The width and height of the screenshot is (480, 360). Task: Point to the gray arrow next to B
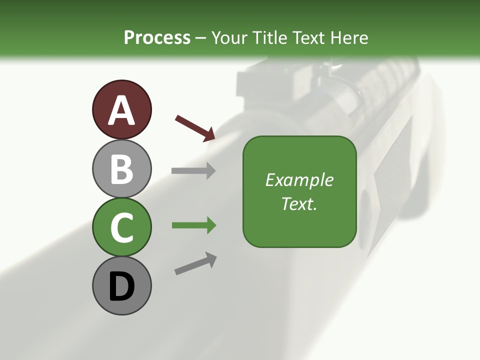click(193, 170)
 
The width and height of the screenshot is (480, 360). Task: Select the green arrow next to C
click(193, 225)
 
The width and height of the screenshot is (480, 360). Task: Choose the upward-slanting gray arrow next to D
click(195, 263)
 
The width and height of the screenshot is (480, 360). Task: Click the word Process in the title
click(157, 37)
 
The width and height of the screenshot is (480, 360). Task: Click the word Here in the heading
click(349, 37)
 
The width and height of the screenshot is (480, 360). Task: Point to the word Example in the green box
click(299, 180)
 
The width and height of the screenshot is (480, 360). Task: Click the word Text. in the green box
click(299, 204)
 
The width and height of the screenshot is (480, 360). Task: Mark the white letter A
click(121, 110)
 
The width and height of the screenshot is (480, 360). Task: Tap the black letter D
click(121, 287)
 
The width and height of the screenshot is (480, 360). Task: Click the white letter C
click(121, 228)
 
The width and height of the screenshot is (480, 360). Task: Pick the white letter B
click(121, 169)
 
